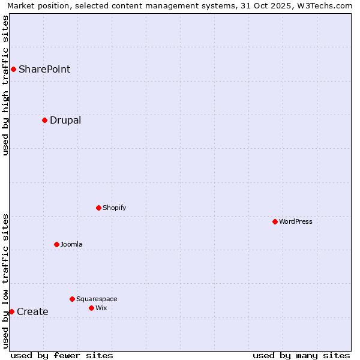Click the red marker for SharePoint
(13, 69)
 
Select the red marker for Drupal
(44, 120)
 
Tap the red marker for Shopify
(98, 208)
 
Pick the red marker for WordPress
(275, 221)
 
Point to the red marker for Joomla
(56, 244)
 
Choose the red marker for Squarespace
(72, 299)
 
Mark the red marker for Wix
(91, 308)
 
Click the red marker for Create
(11, 311)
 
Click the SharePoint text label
(44, 69)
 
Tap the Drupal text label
(65, 120)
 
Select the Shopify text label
(114, 208)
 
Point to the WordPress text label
(296, 221)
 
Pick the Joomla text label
(71, 244)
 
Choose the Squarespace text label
(97, 299)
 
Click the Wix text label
(101, 308)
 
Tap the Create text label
(32, 311)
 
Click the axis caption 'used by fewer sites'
(62, 355)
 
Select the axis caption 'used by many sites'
(301, 355)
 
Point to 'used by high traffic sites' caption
(5, 85)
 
